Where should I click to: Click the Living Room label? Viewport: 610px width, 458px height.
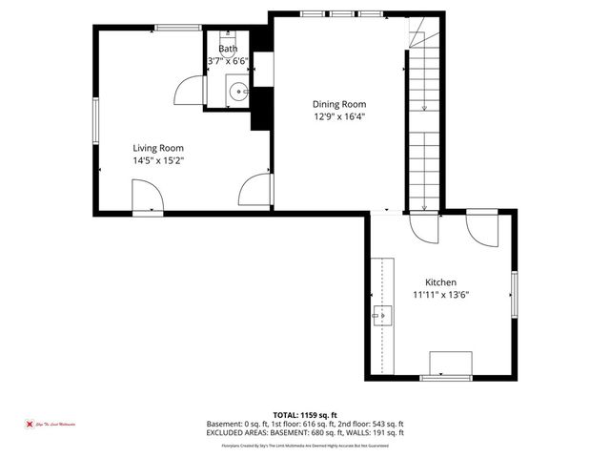[157, 148]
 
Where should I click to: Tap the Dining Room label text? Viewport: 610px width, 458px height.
[339, 104]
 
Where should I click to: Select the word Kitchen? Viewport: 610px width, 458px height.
[440, 282]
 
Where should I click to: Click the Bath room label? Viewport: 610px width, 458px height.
[228, 49]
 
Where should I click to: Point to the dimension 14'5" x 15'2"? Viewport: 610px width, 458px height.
[157, 161]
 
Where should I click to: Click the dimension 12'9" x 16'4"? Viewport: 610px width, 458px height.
[339, 116]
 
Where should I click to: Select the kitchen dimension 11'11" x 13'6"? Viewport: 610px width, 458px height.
[440, 295]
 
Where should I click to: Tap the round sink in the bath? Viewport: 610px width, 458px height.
[238, 93]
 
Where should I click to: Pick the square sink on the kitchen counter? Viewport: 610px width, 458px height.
[383, 314]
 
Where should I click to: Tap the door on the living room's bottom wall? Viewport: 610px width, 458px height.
[148, 198]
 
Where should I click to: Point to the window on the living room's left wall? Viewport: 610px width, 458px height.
[95, 124]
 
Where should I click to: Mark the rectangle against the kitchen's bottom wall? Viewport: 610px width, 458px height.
[450, 364]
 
